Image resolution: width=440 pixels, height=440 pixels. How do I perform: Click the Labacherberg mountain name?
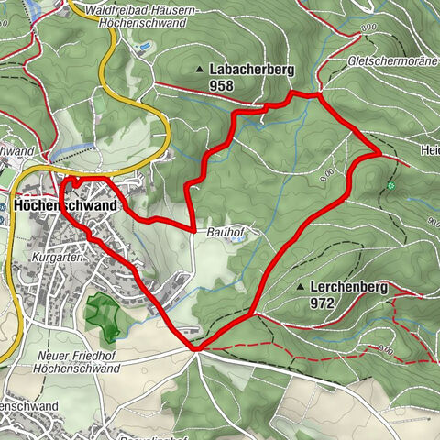coord(250,70)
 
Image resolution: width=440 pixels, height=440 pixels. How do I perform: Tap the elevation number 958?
coord(221,86)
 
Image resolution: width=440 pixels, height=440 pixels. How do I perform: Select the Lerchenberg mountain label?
coord(348,288)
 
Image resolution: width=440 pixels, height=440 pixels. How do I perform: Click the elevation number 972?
coord(322,302)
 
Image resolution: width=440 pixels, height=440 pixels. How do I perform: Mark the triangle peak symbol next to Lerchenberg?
coord(300,288)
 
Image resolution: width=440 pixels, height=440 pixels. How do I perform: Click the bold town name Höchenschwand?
coord(66,207)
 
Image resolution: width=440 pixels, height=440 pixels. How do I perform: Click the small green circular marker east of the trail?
coord(390,186)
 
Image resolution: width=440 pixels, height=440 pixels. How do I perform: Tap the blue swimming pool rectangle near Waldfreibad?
coord(142,45)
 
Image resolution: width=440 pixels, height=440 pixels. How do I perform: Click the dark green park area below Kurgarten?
coord(103,315)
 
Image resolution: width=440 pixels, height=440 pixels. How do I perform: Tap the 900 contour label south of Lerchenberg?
coord(385,350)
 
